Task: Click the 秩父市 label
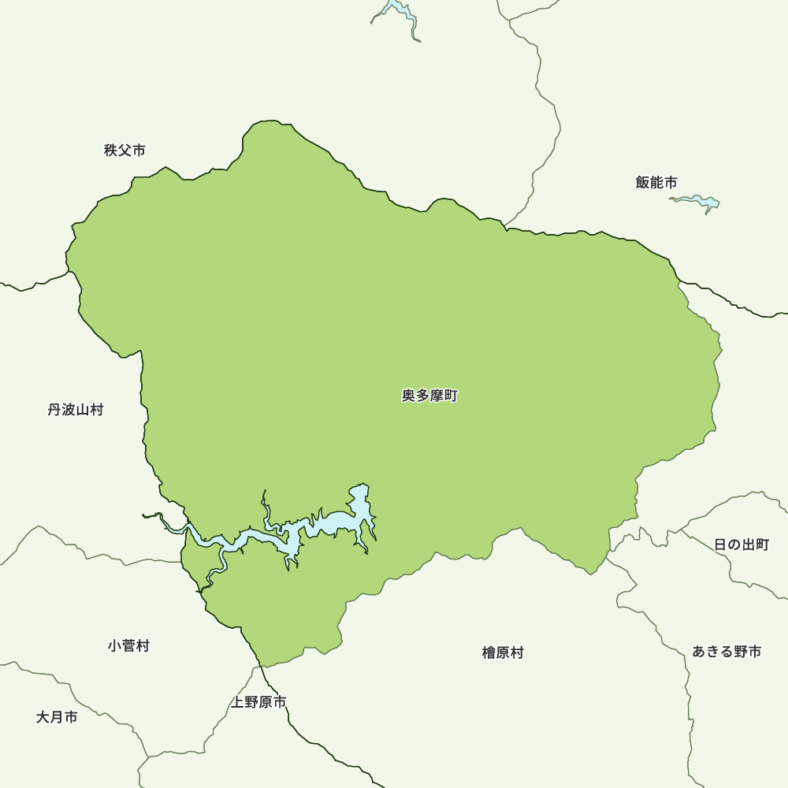click(125, 151)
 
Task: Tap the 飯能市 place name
click(656, 183)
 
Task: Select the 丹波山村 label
click(76, 410)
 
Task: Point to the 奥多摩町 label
click(429, 396)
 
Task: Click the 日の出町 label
click(742, 545)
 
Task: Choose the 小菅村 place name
click(128, 646)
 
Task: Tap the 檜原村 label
click(503, 653)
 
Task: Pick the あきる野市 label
click(727, 652)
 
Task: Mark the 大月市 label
click(57, 718)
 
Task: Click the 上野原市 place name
click(258, 702)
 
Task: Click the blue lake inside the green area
click(339, 522)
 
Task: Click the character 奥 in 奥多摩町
click(409, 396)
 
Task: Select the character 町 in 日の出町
click(762, 545)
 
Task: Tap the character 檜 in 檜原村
click(489, 653)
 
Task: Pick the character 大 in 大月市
click(43, 718)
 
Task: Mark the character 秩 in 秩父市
click(111, 151)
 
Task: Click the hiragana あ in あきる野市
click(700, 652)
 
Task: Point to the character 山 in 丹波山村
click(83, 410)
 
